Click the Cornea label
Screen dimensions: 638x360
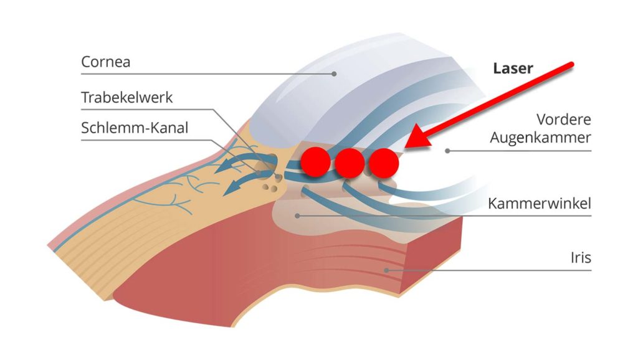(106, 62)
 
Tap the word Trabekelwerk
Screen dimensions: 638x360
(127, 98)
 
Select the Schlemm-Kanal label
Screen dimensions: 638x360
(135, 128)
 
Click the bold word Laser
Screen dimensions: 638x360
(513, 69)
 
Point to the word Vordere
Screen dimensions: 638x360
(563, 120)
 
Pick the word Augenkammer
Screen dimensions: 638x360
(540, 138)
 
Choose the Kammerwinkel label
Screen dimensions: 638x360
(540, 203)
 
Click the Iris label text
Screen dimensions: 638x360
(581, 257)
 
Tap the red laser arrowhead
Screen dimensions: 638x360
(419, 138)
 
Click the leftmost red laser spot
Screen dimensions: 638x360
(315, 162)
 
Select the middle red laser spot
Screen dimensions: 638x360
(350, 163)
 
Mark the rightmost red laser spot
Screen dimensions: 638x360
(384, 163)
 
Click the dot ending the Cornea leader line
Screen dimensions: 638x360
(334, 74)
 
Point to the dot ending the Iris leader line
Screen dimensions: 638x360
(386, 270)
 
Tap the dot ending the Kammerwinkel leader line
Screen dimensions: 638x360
(297, 216)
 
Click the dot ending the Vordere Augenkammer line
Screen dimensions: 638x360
(447, 151)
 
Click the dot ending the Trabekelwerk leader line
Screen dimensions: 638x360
(279, 177)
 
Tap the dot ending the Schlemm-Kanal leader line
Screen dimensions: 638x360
(258, 173)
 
